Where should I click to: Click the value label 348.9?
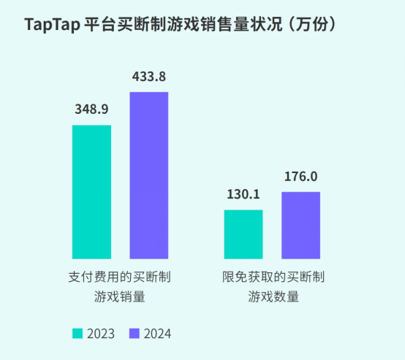click(91, 110)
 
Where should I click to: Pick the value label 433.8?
click(148, 76)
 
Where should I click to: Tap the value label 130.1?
click(243, 194)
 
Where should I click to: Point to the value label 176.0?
click(300, 176)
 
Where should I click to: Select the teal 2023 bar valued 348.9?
click(91, 191)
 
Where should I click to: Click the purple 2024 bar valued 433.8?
click(148, 175)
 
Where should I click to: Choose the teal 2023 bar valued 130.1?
click(243, 234)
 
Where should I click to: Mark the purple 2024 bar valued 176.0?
click(300, 225)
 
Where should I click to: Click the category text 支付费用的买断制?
click(120, 278)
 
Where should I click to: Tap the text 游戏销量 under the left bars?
click(120, 297)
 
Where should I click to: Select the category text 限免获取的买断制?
click(273, 278)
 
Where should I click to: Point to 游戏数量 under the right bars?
click(273, 297)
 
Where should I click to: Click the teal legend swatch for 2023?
click(77, 333)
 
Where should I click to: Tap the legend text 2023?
click(100, 334)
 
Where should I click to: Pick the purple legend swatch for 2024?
click(135, 333)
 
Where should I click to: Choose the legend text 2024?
click(157, 334)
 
